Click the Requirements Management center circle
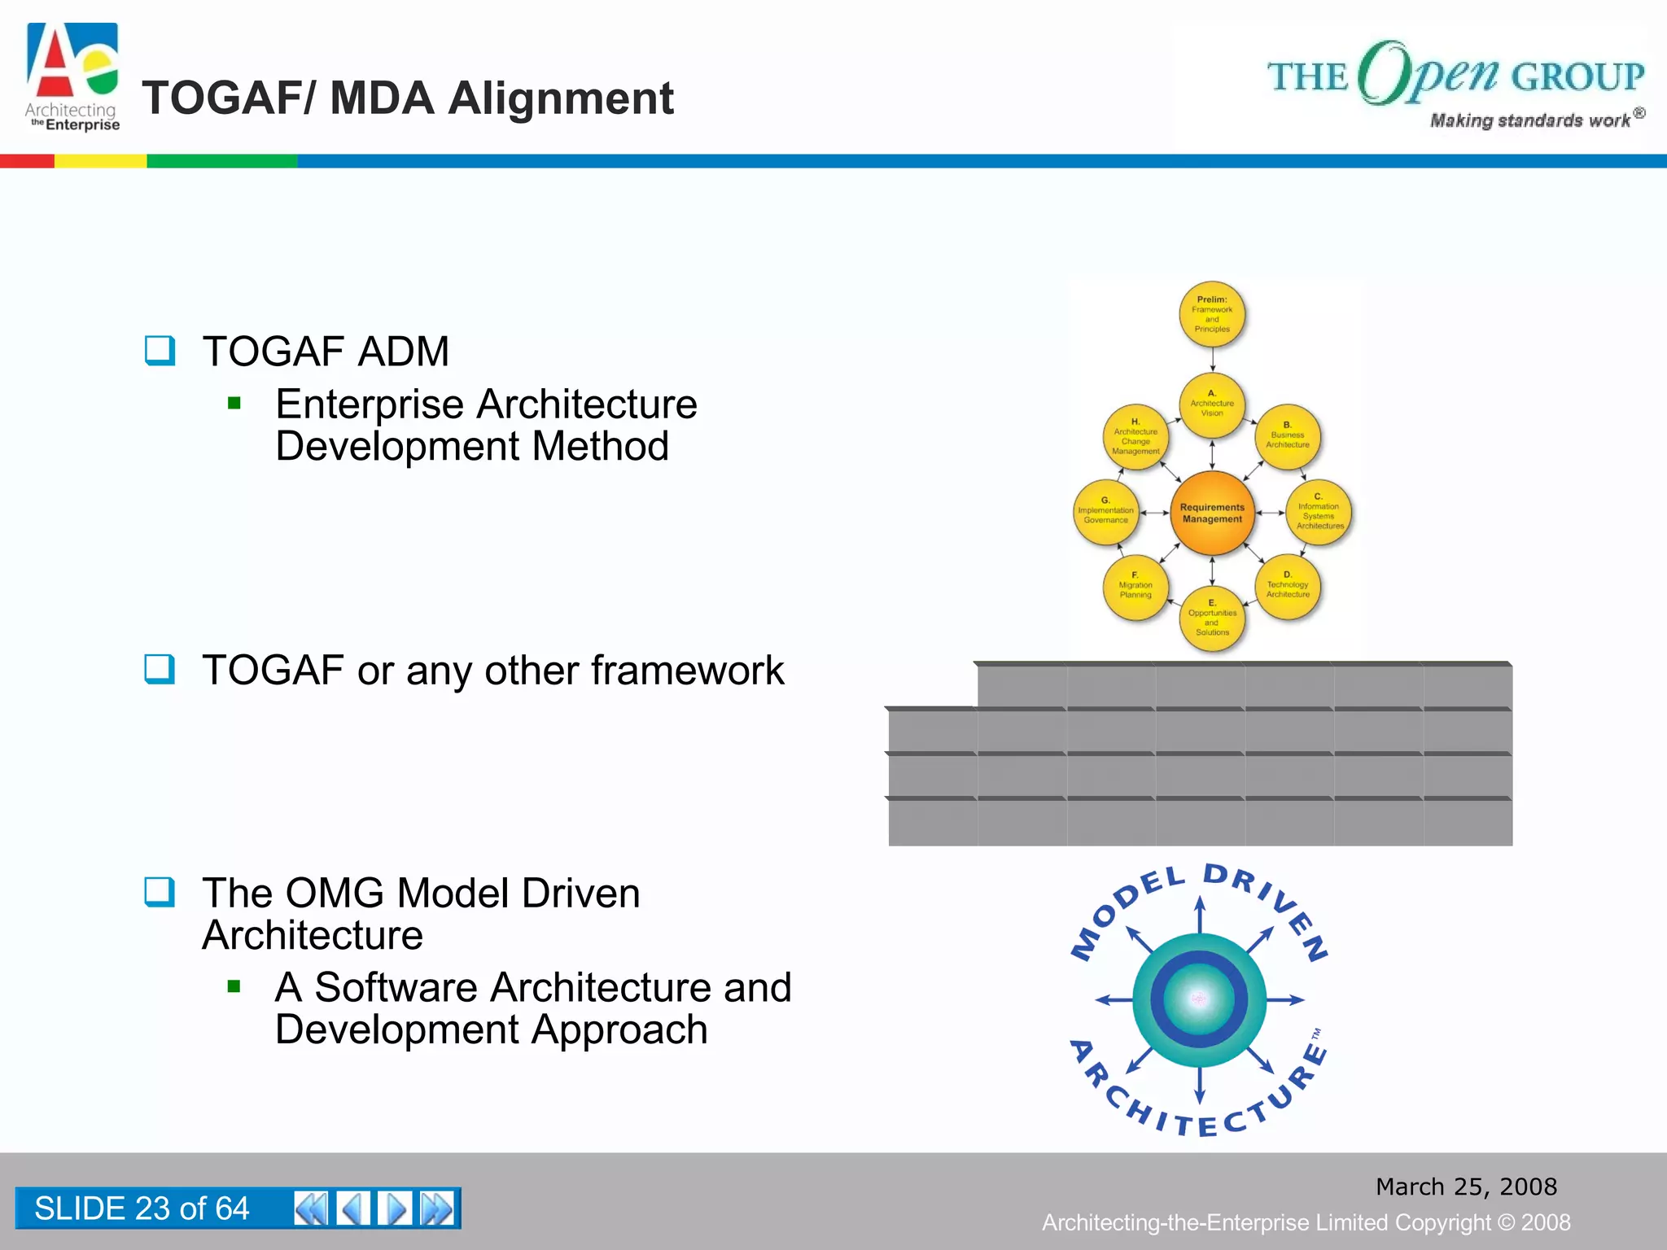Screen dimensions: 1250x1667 point(1212,513)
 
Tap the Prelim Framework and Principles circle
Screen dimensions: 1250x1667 point(1212,314)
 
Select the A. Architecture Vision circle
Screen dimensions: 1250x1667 point(1212,404)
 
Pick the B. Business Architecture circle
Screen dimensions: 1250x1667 point(1288,437)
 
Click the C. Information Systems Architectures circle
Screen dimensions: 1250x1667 point(1319,513)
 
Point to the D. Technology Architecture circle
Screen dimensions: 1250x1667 point(1288,587)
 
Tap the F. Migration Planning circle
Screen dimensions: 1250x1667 point(1135,588)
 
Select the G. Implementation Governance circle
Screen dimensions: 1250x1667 point(1105,513)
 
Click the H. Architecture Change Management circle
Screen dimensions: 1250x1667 point(1135,438)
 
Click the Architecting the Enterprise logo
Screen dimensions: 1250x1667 point(72,77)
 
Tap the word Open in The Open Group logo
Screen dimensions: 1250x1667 point(1429,73)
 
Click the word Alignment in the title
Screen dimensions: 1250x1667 point(561,98)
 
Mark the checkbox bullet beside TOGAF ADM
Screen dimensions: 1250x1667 point(160,351)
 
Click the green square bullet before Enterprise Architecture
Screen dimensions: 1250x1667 point(234,403)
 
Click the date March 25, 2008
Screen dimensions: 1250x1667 point(1466,1187)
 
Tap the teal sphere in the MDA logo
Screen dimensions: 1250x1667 point(1199,999)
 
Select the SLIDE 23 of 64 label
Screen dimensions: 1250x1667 point(142,1208)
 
